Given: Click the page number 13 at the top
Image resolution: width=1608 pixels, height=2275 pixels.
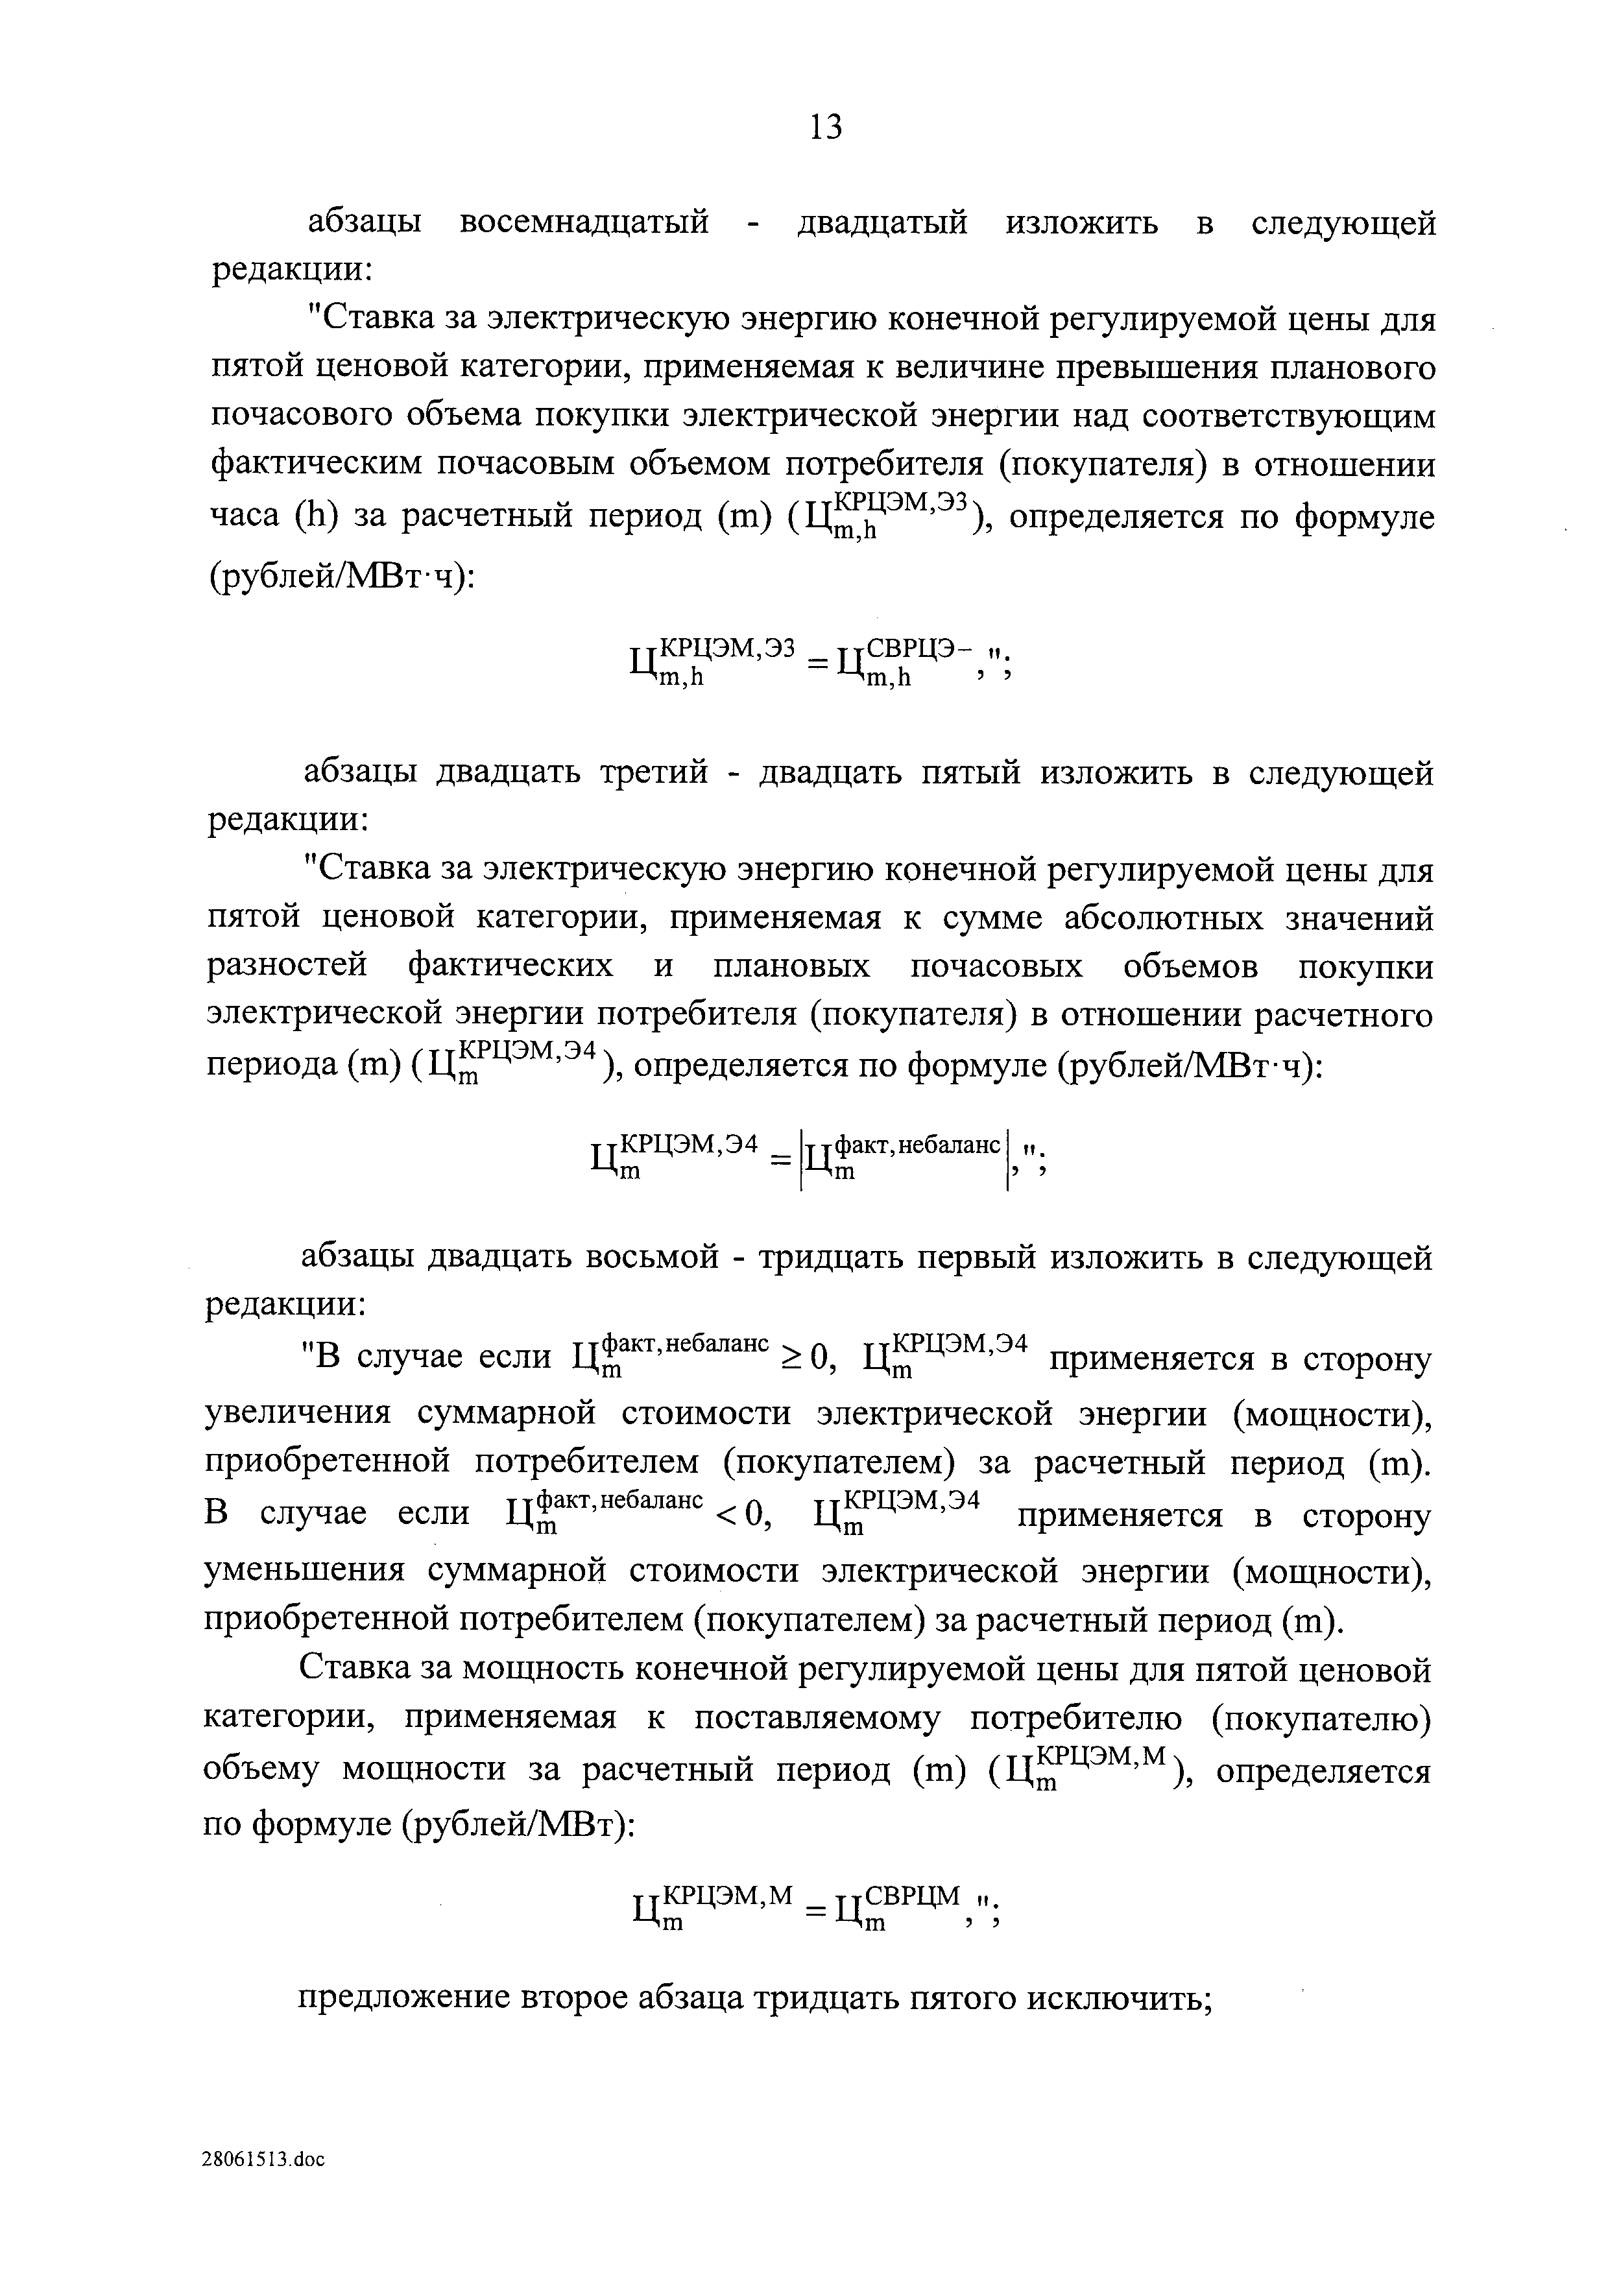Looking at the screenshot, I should point(824,127).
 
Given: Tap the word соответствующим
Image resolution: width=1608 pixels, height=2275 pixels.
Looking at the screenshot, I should point(1288,417).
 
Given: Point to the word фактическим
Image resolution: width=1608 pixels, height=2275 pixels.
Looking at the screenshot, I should point(316,466).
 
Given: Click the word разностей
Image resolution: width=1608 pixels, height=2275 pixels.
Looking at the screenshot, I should point(287,966).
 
